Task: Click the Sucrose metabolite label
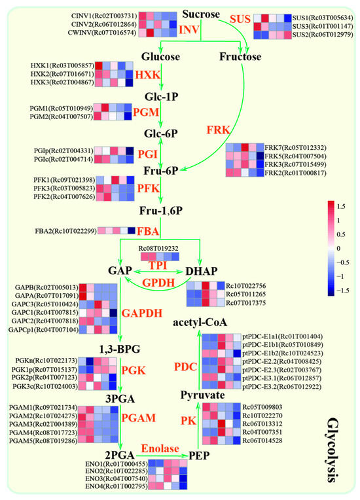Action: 200,13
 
